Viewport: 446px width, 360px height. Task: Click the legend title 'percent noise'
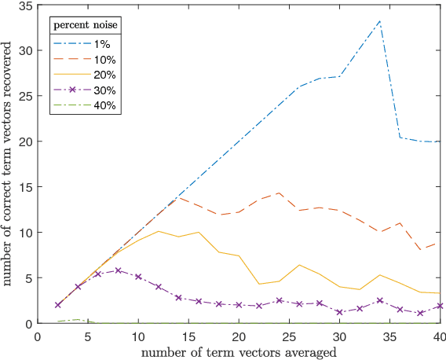(86, 26)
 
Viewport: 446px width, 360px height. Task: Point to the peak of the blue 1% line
(379, 21)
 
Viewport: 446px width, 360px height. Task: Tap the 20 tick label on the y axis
(26, 141)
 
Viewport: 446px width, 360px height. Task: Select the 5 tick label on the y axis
(29, 278)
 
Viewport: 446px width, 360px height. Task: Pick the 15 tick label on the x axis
(188, 335)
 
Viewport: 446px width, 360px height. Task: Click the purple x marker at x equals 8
(118, 270)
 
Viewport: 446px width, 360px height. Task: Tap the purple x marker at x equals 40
(440, 306)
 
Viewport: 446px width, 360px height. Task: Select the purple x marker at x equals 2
(58, 305)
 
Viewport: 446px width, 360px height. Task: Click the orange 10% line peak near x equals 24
(279, 193)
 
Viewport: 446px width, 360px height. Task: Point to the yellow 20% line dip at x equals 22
(259, 284)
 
